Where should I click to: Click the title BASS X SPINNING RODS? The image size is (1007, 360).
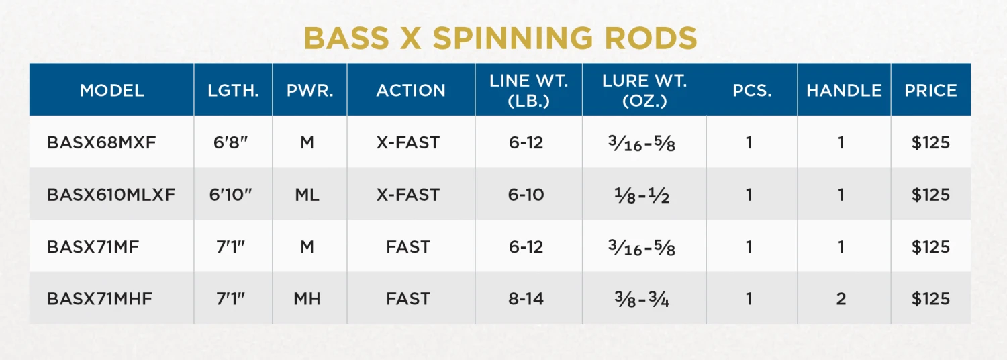pos(501,38)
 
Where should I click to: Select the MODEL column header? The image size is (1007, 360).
pos(112,91)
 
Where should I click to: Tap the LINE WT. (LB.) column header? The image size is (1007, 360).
pos(529,91)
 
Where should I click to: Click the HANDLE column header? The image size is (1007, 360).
pos(844,91)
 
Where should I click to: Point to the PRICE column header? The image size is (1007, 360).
pos(930,91)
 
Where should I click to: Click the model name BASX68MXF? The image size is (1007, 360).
pos(101,143)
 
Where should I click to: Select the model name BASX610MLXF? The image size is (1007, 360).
pos(111,195)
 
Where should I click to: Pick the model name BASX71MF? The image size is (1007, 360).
pos(93,247)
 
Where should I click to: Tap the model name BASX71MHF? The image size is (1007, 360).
pos(100,299)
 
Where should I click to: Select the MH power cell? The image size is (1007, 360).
pos(307,299)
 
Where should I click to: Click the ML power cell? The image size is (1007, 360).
pos(307,195)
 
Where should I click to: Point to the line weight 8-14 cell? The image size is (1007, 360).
pos(526,299)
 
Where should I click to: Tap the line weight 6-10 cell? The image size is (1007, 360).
pos(526,195)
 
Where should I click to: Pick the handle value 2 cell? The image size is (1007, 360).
pos(841,299)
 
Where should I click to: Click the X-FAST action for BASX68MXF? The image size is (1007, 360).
pos(408,143)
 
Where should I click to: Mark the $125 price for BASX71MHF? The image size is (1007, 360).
pos(930,299)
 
